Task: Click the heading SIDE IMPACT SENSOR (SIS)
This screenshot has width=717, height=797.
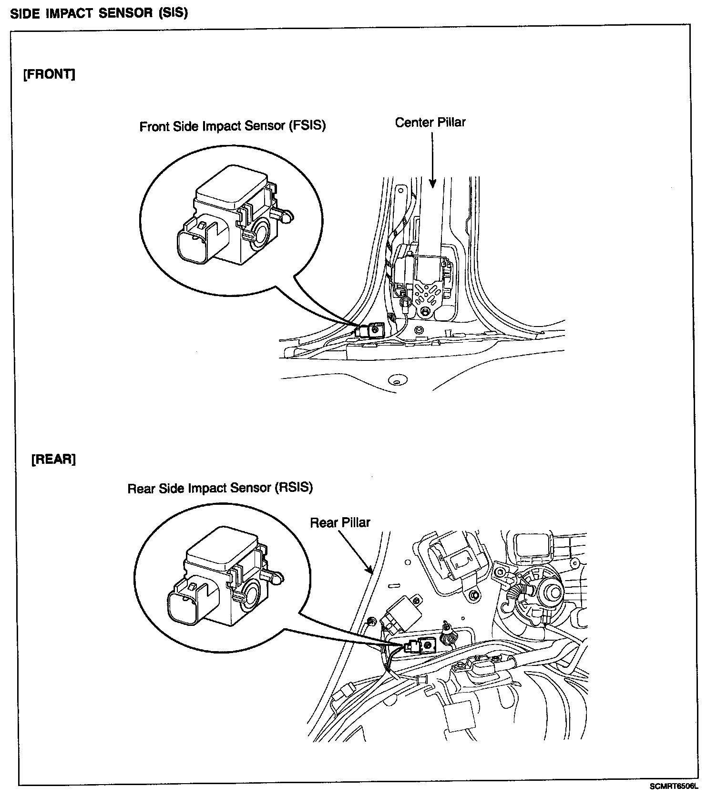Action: click(x=99, y=13)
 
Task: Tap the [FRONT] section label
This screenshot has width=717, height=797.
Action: click(x=49, y=75)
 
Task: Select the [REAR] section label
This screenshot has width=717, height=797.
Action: click(x=53, y=460)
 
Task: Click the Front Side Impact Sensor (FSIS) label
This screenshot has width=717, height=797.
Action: click(x=233, y=126)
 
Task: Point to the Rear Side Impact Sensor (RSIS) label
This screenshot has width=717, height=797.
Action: click(x=220, y=488)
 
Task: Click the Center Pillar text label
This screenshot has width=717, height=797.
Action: click(x=430, y=123)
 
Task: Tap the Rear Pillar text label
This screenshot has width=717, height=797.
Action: click(x=340, y=522)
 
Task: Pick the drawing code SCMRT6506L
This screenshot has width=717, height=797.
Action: click(x=673, y=787)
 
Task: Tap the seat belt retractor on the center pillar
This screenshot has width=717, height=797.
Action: click(x=424, y=281)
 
